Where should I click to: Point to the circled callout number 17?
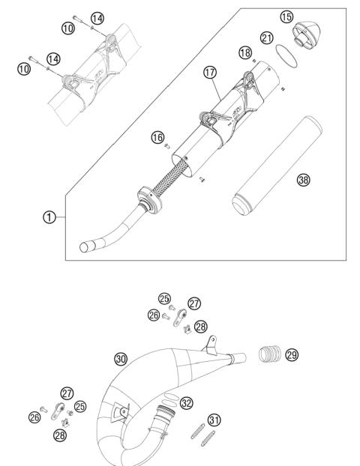coord(211,73)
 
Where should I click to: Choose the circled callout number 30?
coord(120,358)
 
